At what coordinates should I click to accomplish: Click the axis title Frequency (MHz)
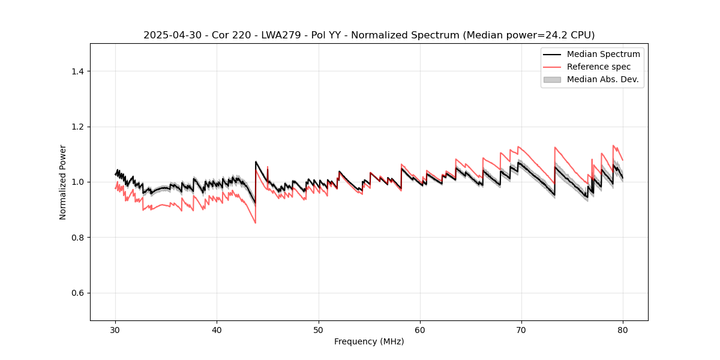point(369,341)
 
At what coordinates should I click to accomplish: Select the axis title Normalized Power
point(63,182)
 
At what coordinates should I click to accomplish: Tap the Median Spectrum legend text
point(603,54)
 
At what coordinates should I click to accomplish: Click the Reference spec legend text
point(599,67)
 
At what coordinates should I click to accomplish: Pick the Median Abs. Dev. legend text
point(602,79)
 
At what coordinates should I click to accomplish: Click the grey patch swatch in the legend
point(552,79)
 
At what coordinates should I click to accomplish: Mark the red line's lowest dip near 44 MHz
point(256,223)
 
